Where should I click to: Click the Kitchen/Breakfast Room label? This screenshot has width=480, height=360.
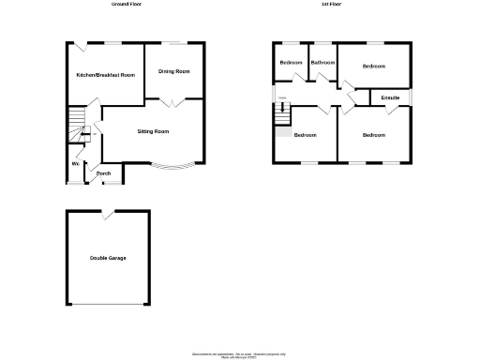105,74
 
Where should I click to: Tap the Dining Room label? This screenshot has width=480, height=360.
174,71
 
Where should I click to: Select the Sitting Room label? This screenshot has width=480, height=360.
154,132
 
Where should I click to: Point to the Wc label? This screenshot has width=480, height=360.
75,165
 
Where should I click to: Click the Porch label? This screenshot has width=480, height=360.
104,173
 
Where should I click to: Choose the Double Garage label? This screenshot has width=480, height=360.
108,258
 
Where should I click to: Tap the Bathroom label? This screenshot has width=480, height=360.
322,63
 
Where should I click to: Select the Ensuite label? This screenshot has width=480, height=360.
392,97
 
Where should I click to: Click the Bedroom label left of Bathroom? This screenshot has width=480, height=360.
291,63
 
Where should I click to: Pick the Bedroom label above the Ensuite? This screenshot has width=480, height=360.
374,67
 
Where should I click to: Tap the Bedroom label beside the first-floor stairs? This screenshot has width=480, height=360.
305,136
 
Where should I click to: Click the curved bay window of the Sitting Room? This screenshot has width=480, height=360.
174,169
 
